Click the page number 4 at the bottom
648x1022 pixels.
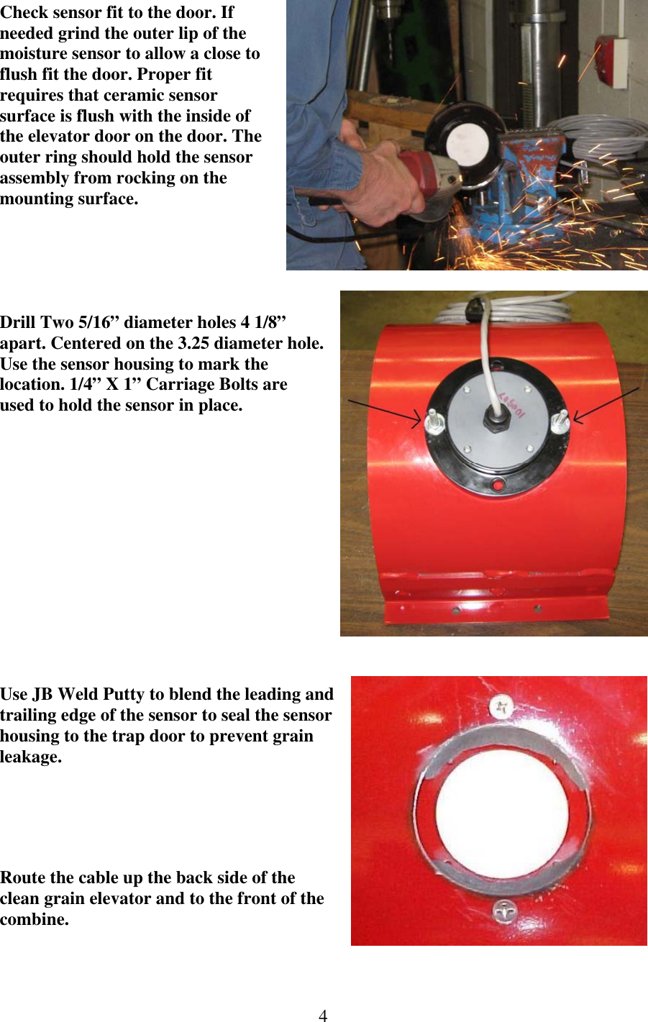(x=323, y=1015)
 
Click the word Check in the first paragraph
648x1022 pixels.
(x=24, y=12)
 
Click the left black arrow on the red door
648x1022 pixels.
(x=384, y=409)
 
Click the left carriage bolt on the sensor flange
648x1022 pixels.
(x=434, y=421)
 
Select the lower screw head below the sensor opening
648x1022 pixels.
(x=506, y=913)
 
